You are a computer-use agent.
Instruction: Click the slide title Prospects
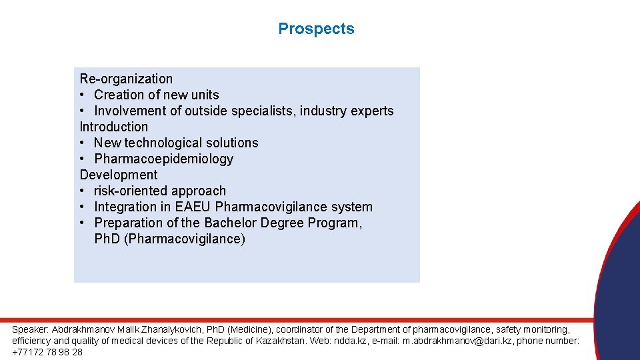click(x=316, y=29)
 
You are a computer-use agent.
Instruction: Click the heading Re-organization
click(x=126, y=79)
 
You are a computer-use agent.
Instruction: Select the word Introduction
click(x=114, y=127)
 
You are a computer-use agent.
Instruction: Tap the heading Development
click(x=119, y=175)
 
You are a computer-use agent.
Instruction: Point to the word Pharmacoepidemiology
click(x=164, y=159)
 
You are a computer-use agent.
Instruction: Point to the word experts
click(x=371, y=111)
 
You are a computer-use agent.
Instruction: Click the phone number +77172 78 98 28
click(x=47, y=352)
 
